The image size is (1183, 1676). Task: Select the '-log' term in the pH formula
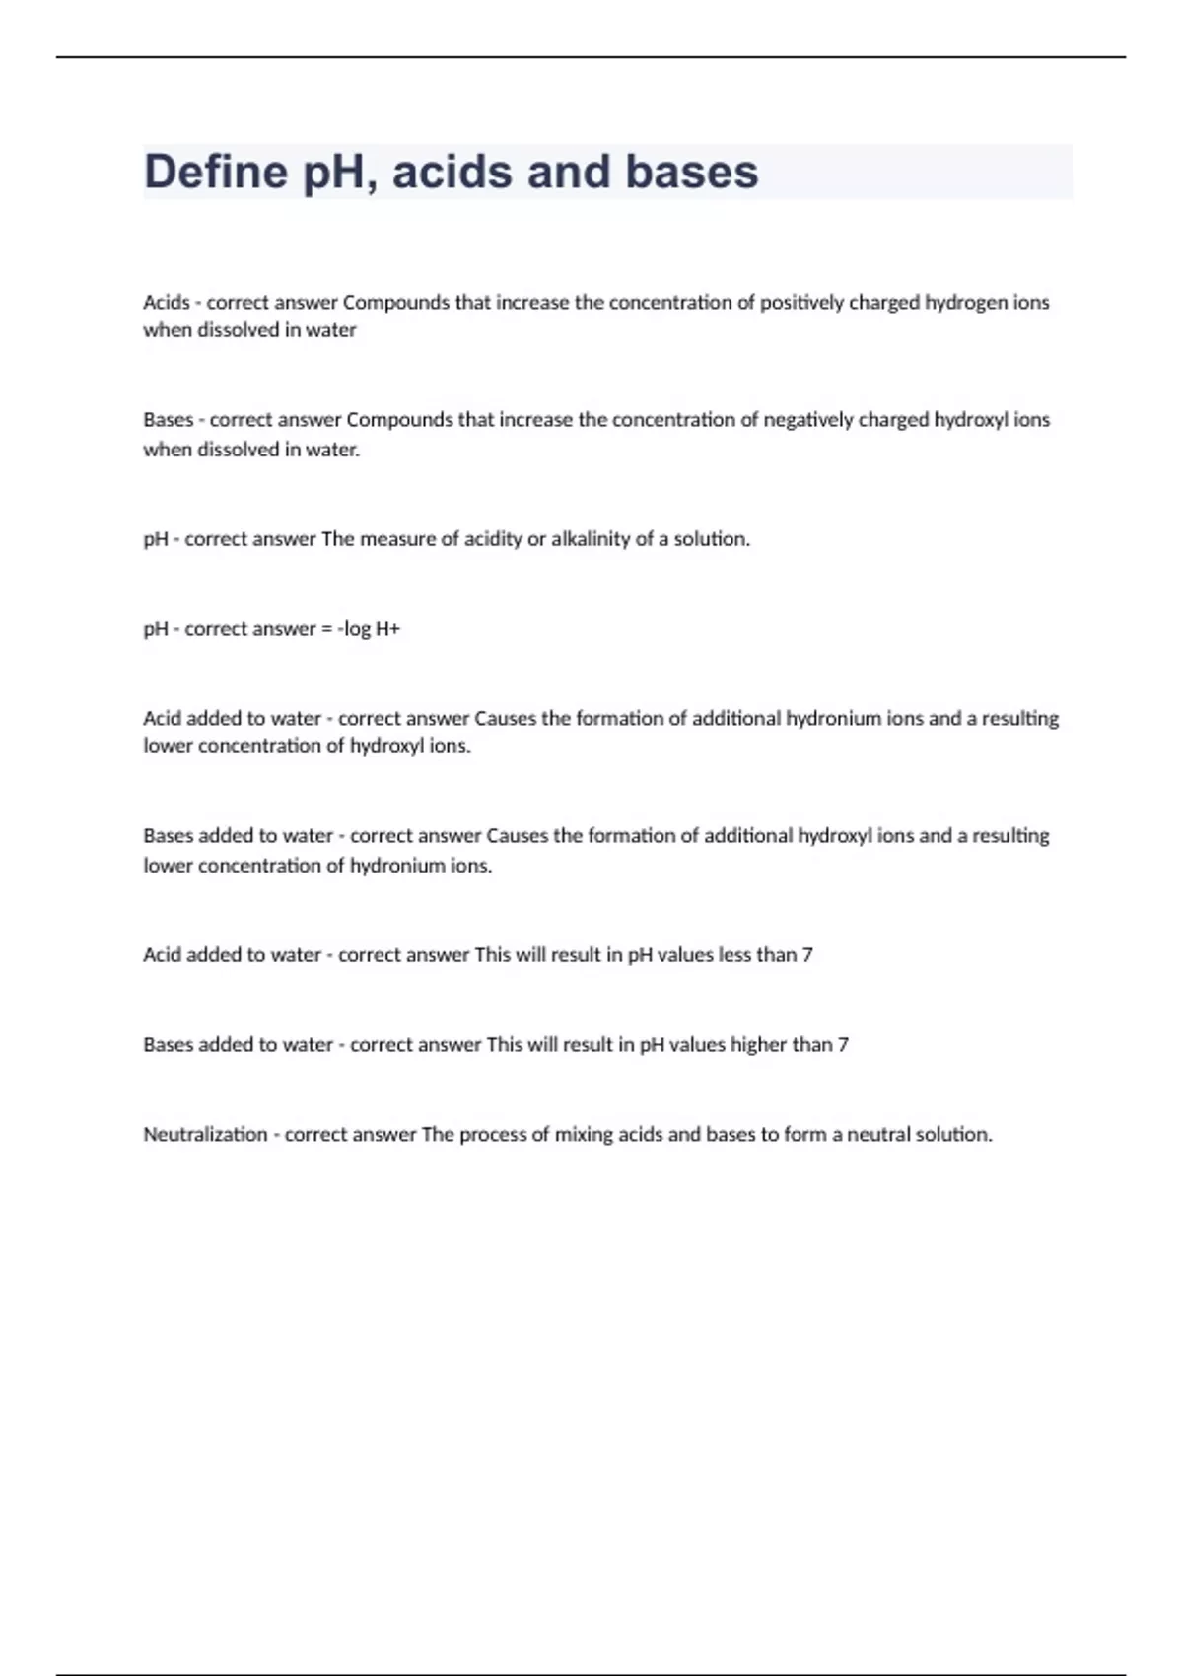[x=354, y=629]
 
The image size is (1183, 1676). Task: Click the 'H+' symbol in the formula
[x=387, y=629]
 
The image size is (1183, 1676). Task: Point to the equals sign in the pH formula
[x=326, y=629]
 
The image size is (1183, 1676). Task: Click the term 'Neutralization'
[x=205, y=1134]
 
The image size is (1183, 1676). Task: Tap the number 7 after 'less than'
[x=807, y=954]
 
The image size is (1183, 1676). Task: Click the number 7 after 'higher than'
[x=843, y=1044]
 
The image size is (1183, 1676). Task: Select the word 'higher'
[x=758, y=1044]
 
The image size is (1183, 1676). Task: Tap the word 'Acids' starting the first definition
[x=167, y=302]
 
